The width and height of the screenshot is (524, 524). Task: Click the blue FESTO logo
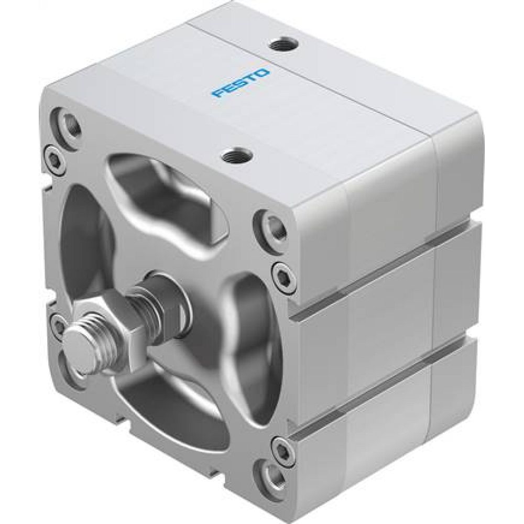click(x=241, y=83)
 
